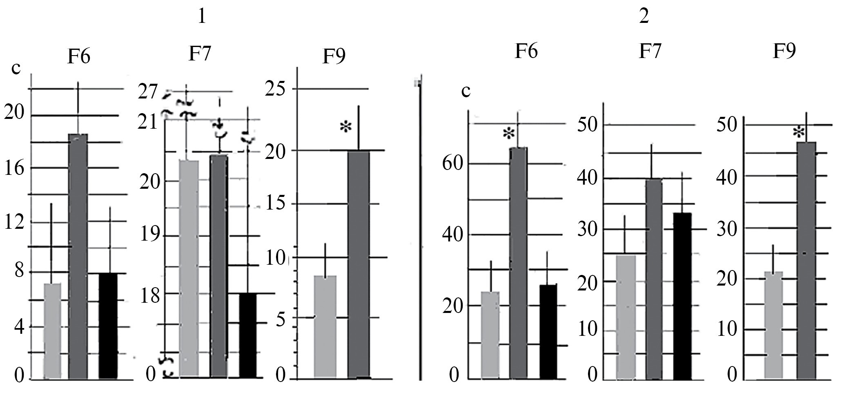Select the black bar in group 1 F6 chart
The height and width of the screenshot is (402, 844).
pyautogui.click(x=108, y=325)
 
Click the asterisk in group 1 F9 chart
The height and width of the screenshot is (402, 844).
pyautogui.click(x=345, y=127)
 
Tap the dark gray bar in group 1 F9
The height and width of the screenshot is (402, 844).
pyautogui.click(x=359, y=265)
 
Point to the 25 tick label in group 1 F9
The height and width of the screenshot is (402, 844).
pyautogui.click(x=275, y=89)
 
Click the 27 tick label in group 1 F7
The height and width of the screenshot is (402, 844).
pyautogui.click(x=148, y=93)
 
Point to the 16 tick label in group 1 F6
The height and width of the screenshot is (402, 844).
pyautogui.click(x=14, y=168)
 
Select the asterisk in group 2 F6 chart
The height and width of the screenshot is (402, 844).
pyautogui.click(x=508, y=134)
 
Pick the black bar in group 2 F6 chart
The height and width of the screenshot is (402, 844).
pyautogui.click(x=548, y=332)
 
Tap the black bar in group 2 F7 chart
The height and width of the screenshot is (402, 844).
pyautogui.click(x=682, y=296)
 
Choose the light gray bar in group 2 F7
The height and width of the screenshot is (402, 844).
pyautogui.click(x=626, y=317)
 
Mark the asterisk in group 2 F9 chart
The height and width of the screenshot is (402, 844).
pyautogui.click(x=799, y=133)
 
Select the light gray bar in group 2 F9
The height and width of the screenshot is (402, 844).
pyautogui.click(x=773, y=325)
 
